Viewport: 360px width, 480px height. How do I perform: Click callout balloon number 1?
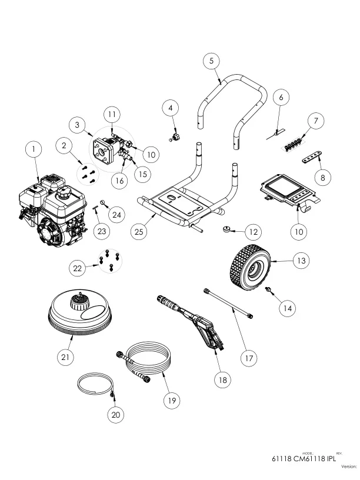point(34,150)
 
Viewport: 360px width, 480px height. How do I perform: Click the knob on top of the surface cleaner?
point(78,303)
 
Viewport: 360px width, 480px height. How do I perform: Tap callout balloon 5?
point(212,61)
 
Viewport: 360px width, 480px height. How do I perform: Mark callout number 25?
point(139,232)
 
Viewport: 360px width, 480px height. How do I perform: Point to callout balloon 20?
point(116,414)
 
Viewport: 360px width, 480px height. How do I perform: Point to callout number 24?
point(116,215)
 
